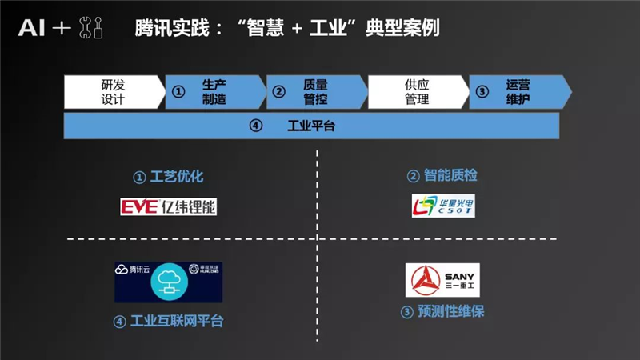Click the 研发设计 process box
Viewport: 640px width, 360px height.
pyautogui.click(x=113, y=92)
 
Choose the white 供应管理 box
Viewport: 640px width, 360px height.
pyautogui.click(x=416, y=92)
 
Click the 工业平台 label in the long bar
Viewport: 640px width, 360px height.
pyautogui.click(x=310, y=126)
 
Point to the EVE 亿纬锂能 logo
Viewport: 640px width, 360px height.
pyautogui.click(x=168, y=207)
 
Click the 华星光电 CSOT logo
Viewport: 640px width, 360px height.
pyautogui.click(x=442, y=207)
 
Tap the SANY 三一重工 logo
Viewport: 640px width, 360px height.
pyautogui.click(x=442, y=279)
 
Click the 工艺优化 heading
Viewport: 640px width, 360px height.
pyautogui.click(x=170, y=176)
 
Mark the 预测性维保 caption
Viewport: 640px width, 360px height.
pyautogui.click(x=442, y=311)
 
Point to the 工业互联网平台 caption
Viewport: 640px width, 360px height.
pyautogui.click(x=168, y=321)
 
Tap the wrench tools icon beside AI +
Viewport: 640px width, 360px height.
pyautogui.click(x=92, y=29)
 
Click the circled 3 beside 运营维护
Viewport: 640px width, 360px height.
pyautogui.click(x=482, y=92)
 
